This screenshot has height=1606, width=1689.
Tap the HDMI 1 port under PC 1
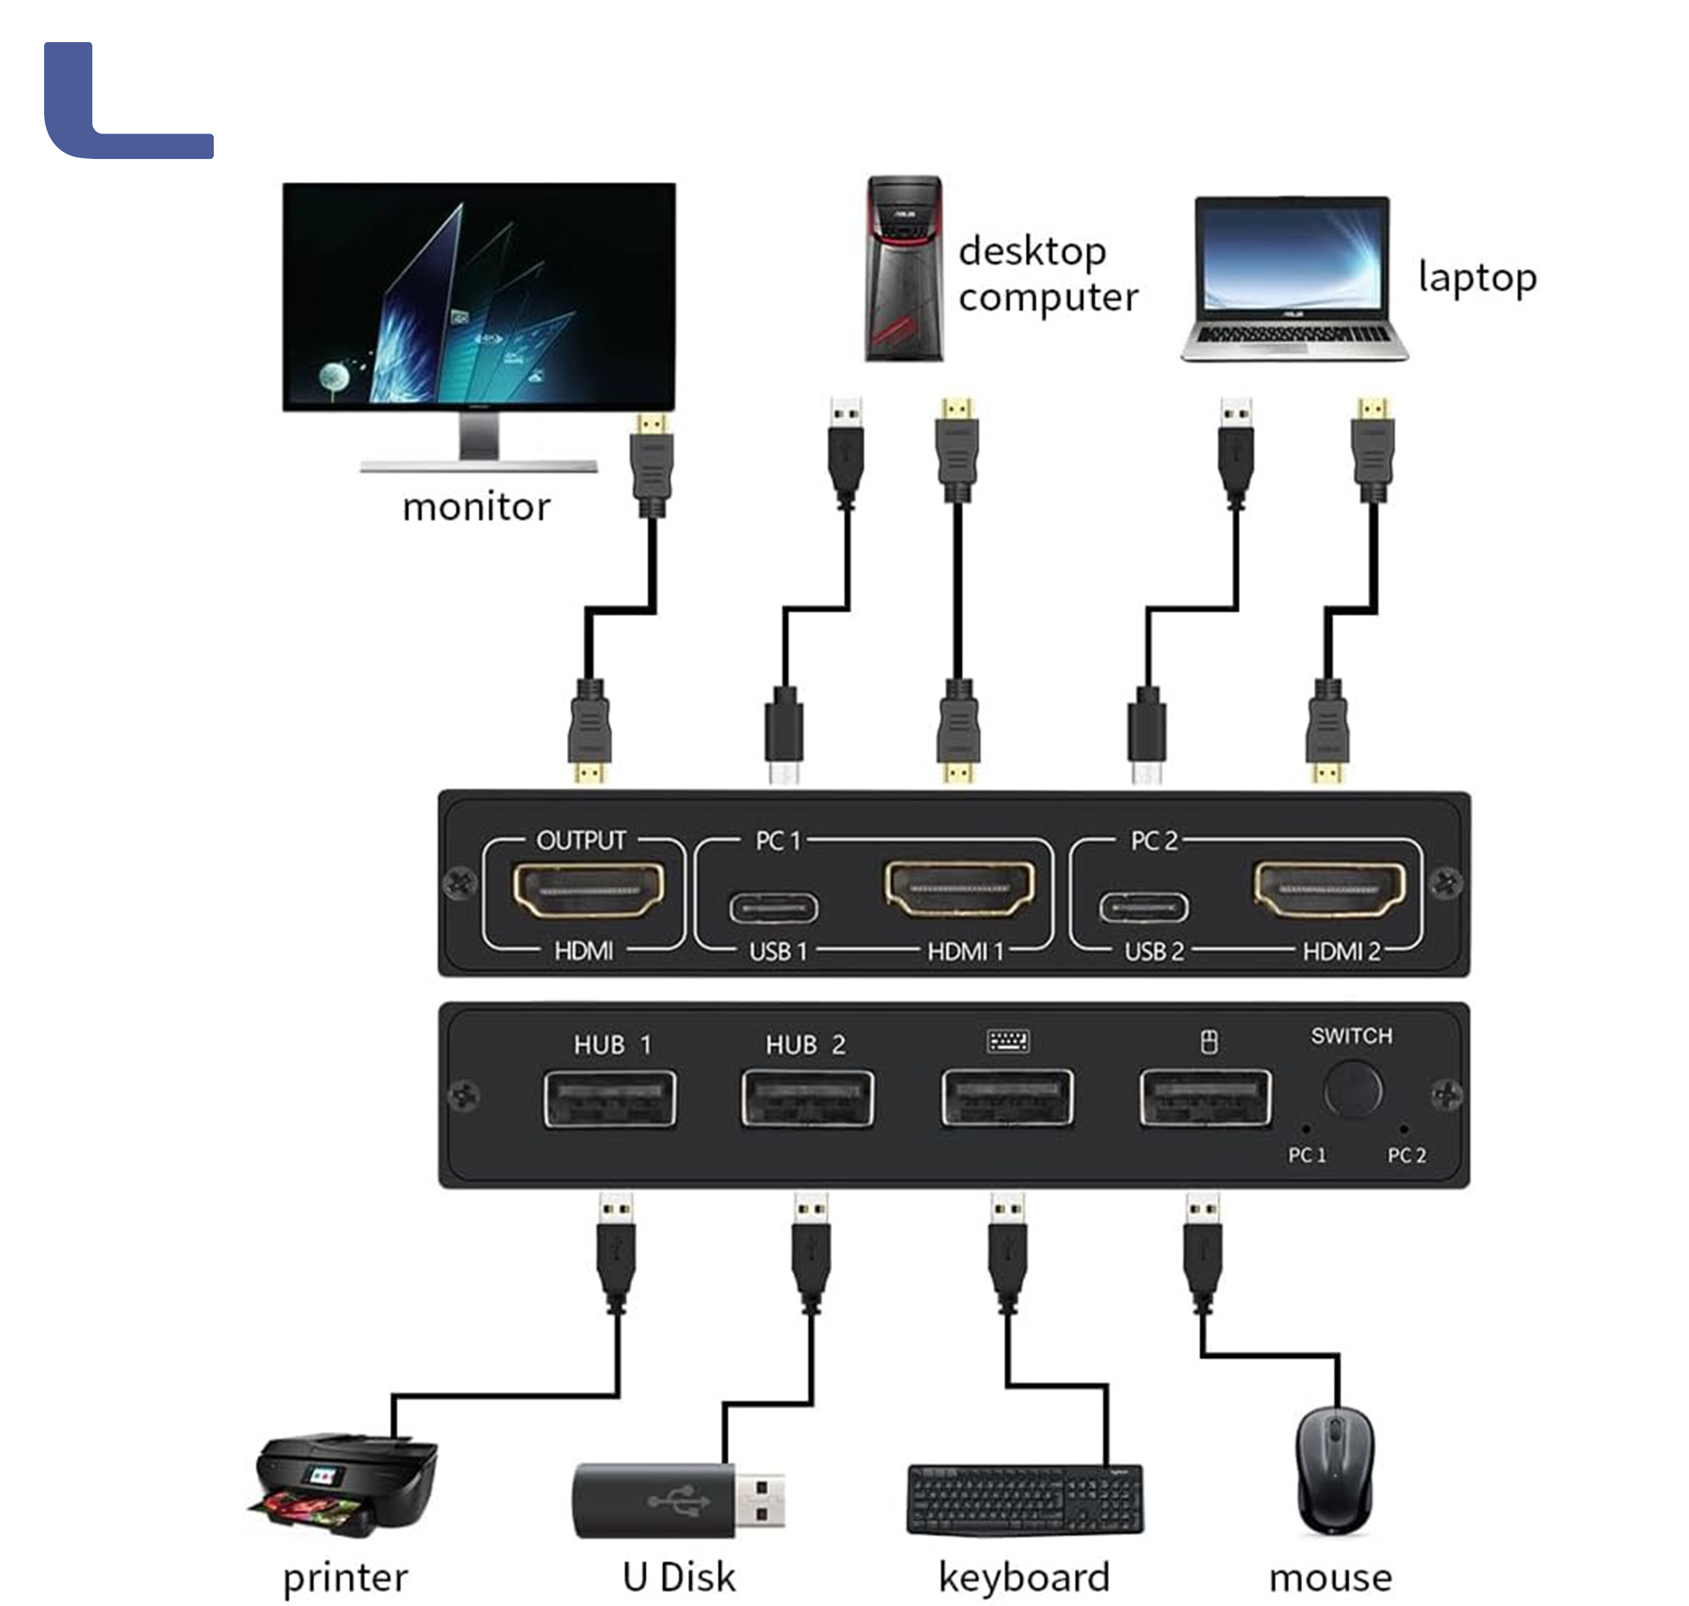[x=959, y=887]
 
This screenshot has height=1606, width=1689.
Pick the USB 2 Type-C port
[x=1144, y=907]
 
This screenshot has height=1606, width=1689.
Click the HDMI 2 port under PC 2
[x=1329, y=888]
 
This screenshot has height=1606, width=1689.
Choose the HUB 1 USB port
[x=609, y=1098]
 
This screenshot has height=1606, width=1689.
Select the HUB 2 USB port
[x=807, y=1098]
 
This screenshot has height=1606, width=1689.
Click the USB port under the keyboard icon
[x=1007, y=1098]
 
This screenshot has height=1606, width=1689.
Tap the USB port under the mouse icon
[x=1205, y=1098]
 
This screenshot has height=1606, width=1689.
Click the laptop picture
[x=1293, y=278]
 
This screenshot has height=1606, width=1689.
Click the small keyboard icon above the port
[x=1008, y=1041]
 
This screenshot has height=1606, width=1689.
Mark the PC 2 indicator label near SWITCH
[x=1406, y=1156]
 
